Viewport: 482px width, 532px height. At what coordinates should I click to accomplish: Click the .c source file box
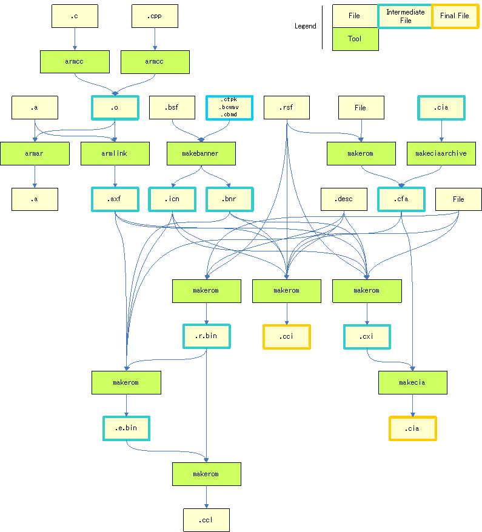[75, 16]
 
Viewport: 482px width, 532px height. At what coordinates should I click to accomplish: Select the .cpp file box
[155, 16]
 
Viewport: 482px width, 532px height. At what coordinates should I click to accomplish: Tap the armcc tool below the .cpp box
[155, 62]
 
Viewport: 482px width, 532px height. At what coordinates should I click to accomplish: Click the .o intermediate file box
[115, 108]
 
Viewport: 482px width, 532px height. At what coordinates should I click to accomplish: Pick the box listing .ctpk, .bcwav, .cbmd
[229, 107]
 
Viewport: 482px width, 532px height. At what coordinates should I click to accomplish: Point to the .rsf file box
[287, 108]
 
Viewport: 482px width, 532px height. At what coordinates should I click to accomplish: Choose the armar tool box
[35, 153]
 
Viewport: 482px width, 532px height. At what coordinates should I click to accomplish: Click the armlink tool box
[115, 153]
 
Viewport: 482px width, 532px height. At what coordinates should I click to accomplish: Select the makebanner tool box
[201, 153]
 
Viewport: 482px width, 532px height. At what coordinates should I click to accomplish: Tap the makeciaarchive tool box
[441, 153]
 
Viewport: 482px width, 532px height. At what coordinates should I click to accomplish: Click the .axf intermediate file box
[115, 199]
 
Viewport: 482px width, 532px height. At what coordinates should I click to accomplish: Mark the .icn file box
[172, 199]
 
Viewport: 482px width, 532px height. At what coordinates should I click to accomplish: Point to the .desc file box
[344, 199]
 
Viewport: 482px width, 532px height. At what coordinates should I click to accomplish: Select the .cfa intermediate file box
[401, 199]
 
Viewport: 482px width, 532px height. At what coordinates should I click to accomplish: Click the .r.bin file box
[206, 336]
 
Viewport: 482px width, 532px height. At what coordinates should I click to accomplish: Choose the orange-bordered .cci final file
[286, 336]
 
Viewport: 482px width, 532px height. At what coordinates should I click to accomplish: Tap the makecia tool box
[412, 382]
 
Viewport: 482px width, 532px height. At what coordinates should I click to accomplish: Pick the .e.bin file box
[126, 428]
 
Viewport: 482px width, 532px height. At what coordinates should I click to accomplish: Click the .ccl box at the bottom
[206, 520]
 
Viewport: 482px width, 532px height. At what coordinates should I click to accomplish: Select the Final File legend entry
[455, 16]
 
